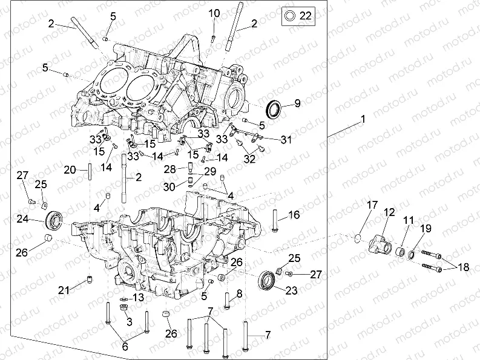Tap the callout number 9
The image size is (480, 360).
point(297,103)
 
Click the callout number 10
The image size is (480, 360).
point(214,13)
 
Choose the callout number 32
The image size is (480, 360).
point(249,159)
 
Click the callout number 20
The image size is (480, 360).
point(70,169)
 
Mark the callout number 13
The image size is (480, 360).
point(139,297)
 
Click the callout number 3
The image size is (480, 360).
point(128,322)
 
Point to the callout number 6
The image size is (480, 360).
point(125,347)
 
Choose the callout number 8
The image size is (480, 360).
point(239,293)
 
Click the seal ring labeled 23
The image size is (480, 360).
point(266,281)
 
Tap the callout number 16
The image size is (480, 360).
point(294,215)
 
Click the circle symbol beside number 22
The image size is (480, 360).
point(290,16)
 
